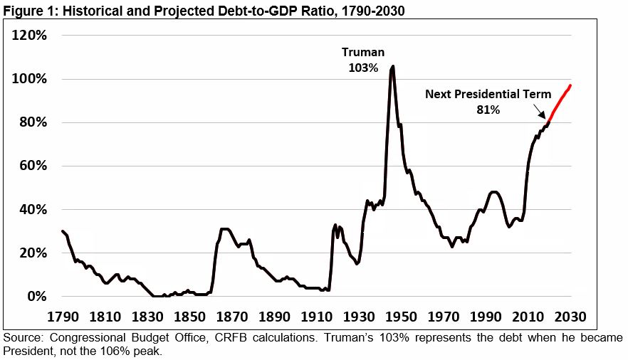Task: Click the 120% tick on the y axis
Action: pos(28,35)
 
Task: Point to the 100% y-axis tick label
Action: pos(28,78)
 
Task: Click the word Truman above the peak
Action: pos(362,52)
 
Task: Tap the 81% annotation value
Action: pos(488,110)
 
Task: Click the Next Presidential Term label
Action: pos(488,94)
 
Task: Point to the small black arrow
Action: pos(541,110)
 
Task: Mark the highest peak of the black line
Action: pos(393,66)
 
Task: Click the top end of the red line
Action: pos(570,86)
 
